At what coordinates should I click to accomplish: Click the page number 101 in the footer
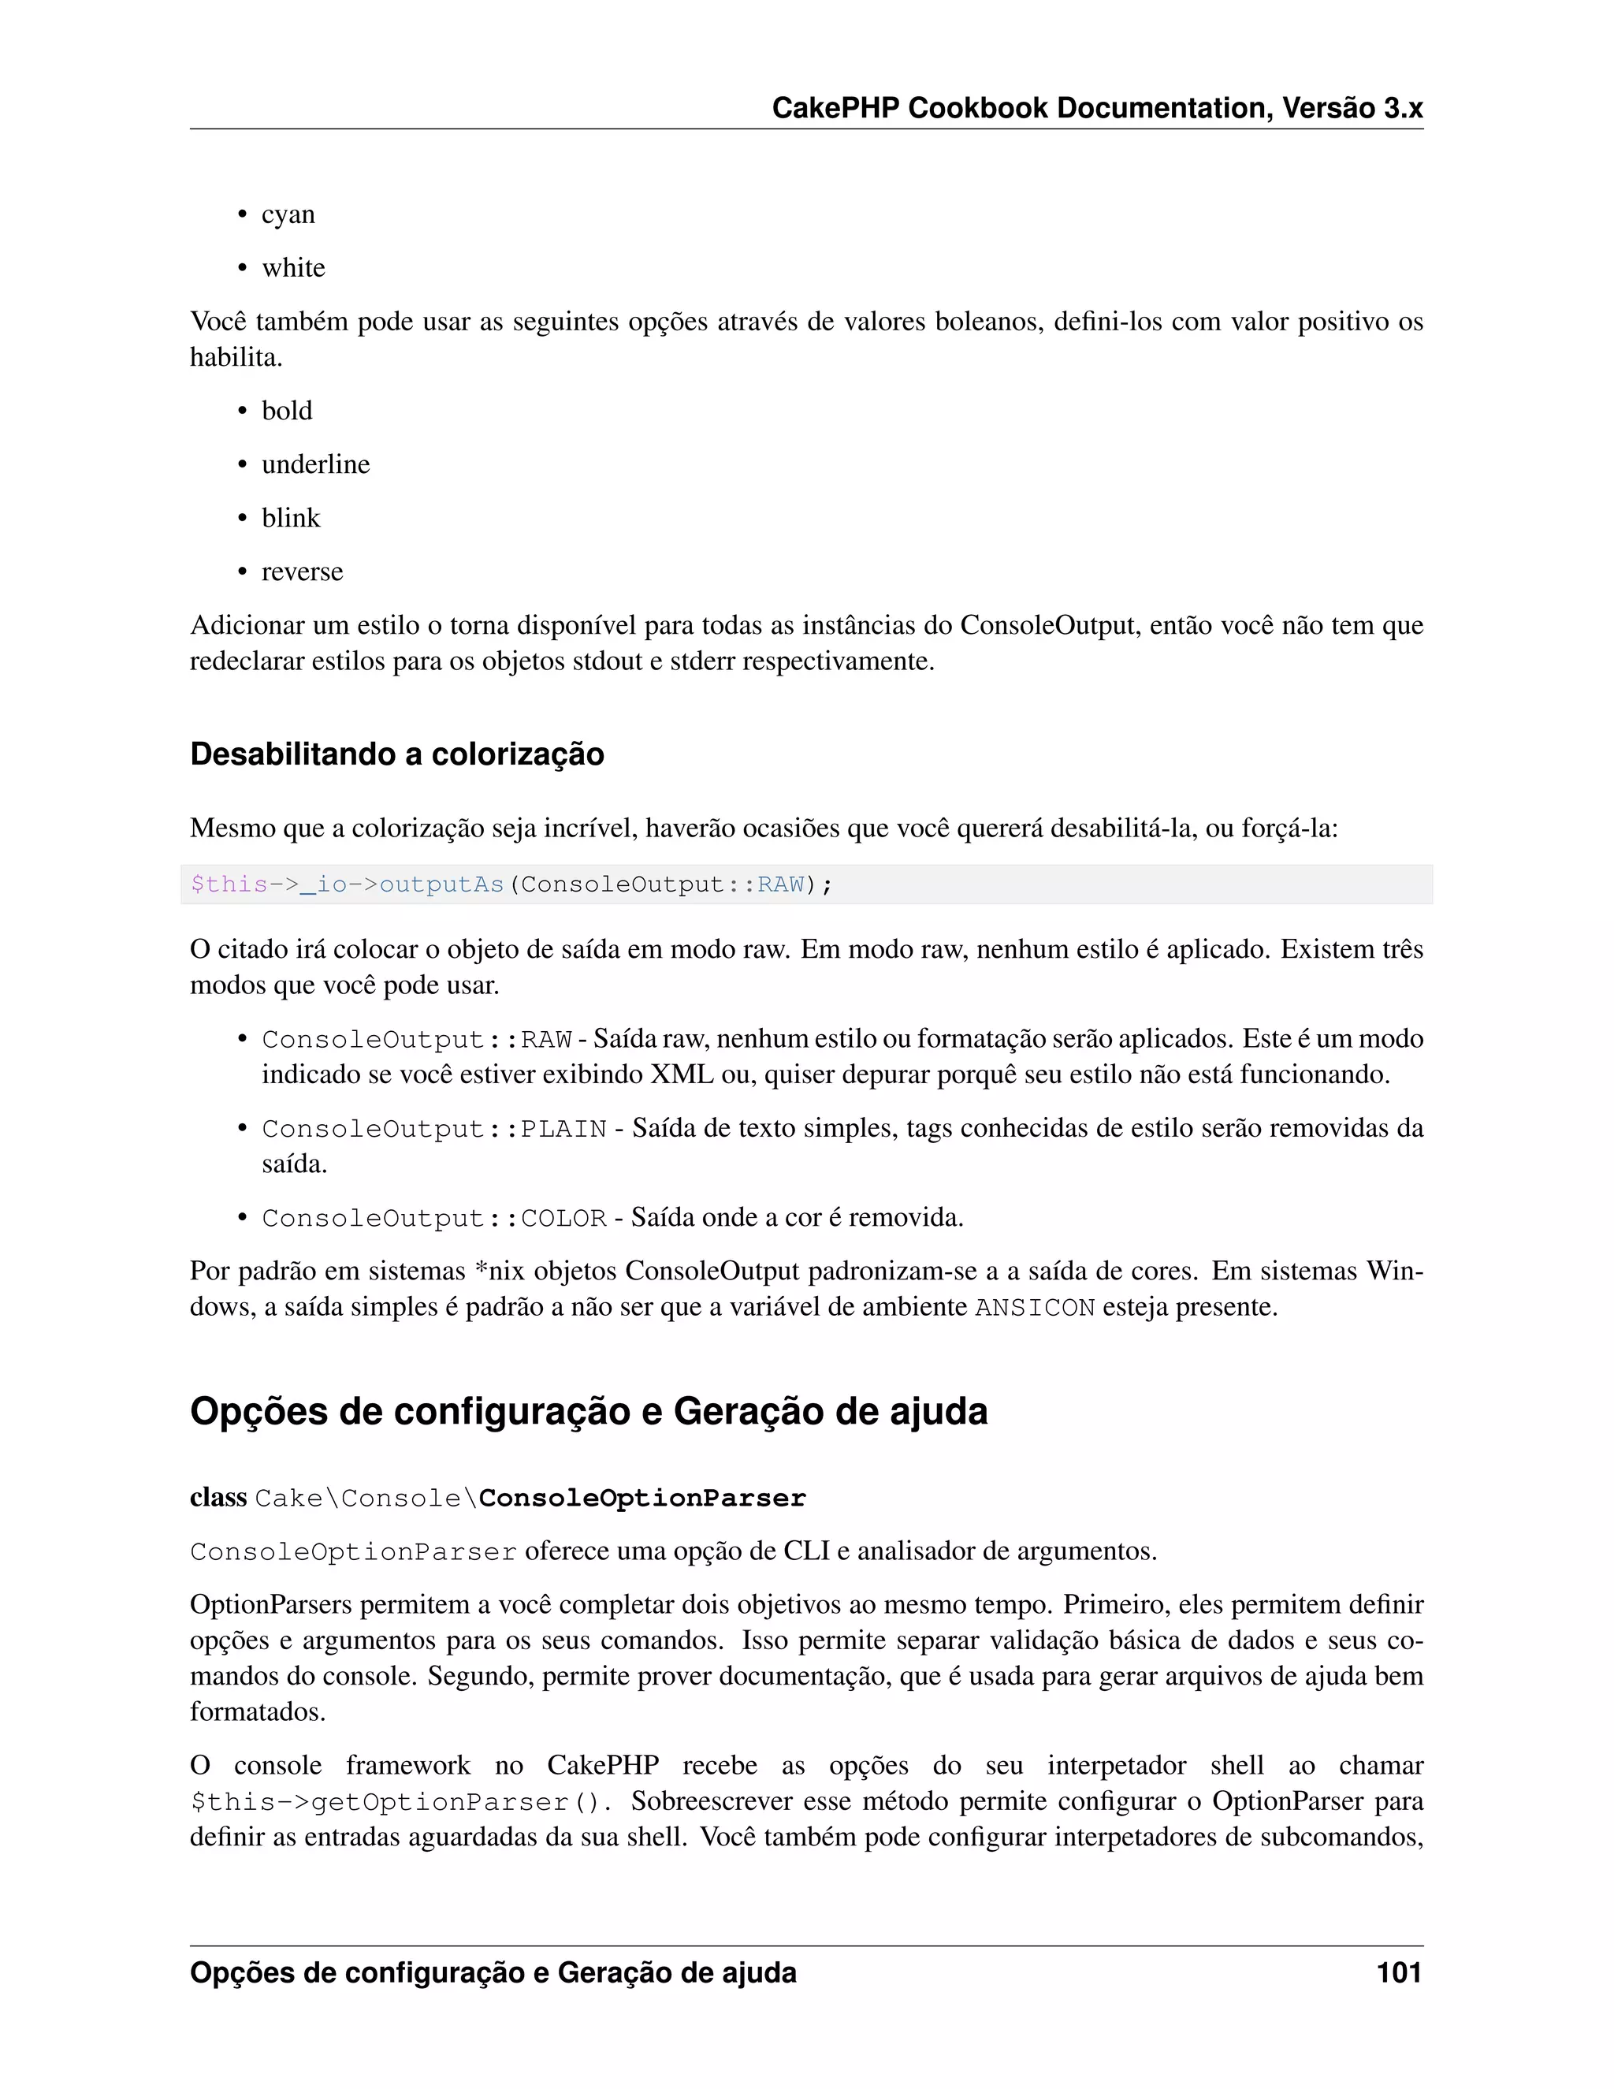(x=1398, y=1972)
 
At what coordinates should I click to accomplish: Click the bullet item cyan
(x=288, y=214)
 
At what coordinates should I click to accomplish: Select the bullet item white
(x=293, y=268)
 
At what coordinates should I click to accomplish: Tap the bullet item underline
(x=315, y=465)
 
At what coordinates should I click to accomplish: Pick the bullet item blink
(x=291, y=519)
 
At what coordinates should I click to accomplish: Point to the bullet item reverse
(x=302, y=572)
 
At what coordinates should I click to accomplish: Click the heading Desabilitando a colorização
(x=397, y=754)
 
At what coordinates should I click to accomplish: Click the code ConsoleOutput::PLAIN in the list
(x=434, y=1130)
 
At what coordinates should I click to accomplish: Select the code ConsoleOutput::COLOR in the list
(x=434, y=1219)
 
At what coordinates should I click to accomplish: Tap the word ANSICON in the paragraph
(x=1035, y=1308)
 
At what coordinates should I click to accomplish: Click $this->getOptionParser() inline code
(x=400, y=1803)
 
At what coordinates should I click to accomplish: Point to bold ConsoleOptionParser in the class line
(x=642, y=1498)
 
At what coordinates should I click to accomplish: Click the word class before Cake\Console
(x=218, y=1497)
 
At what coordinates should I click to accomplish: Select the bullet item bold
(x=287, y=411)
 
